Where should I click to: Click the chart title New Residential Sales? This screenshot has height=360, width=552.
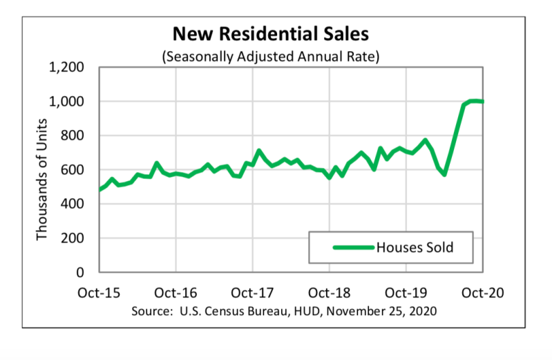(x=271, y=34)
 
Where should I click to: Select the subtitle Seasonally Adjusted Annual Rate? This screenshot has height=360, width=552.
(x=271, y=57)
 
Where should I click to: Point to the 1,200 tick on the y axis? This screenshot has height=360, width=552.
(x=66, y=67)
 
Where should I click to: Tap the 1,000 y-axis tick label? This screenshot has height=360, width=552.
(x=66, y=102)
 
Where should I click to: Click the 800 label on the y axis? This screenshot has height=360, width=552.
(x=73, y=135)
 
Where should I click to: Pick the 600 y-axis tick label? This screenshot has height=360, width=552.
(x=73, y=170)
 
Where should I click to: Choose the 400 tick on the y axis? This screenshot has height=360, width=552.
(x=73, y=204)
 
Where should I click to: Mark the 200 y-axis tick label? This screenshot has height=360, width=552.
(x=73, y=238)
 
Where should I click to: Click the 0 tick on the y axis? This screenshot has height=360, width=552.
(x=80, y=272)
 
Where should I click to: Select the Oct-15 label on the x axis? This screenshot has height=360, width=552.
(x=99, y=293)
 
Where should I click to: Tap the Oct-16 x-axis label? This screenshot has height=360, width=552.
(x=175, y=293)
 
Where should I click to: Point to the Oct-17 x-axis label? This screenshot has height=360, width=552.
(x=252, y=293)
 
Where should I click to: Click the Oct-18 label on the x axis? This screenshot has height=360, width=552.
(x=329, y=293)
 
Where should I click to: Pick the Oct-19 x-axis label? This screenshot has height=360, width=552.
(x=406, y=293)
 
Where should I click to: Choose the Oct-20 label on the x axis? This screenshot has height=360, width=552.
(x=483, y=293)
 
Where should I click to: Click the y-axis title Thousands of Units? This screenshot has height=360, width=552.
(x=41, y=180)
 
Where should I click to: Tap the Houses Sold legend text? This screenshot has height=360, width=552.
(x=415, y=247)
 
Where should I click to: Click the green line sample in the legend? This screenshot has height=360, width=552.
(x=354, y=247)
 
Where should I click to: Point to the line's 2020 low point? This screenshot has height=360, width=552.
(x=445, y=174)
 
